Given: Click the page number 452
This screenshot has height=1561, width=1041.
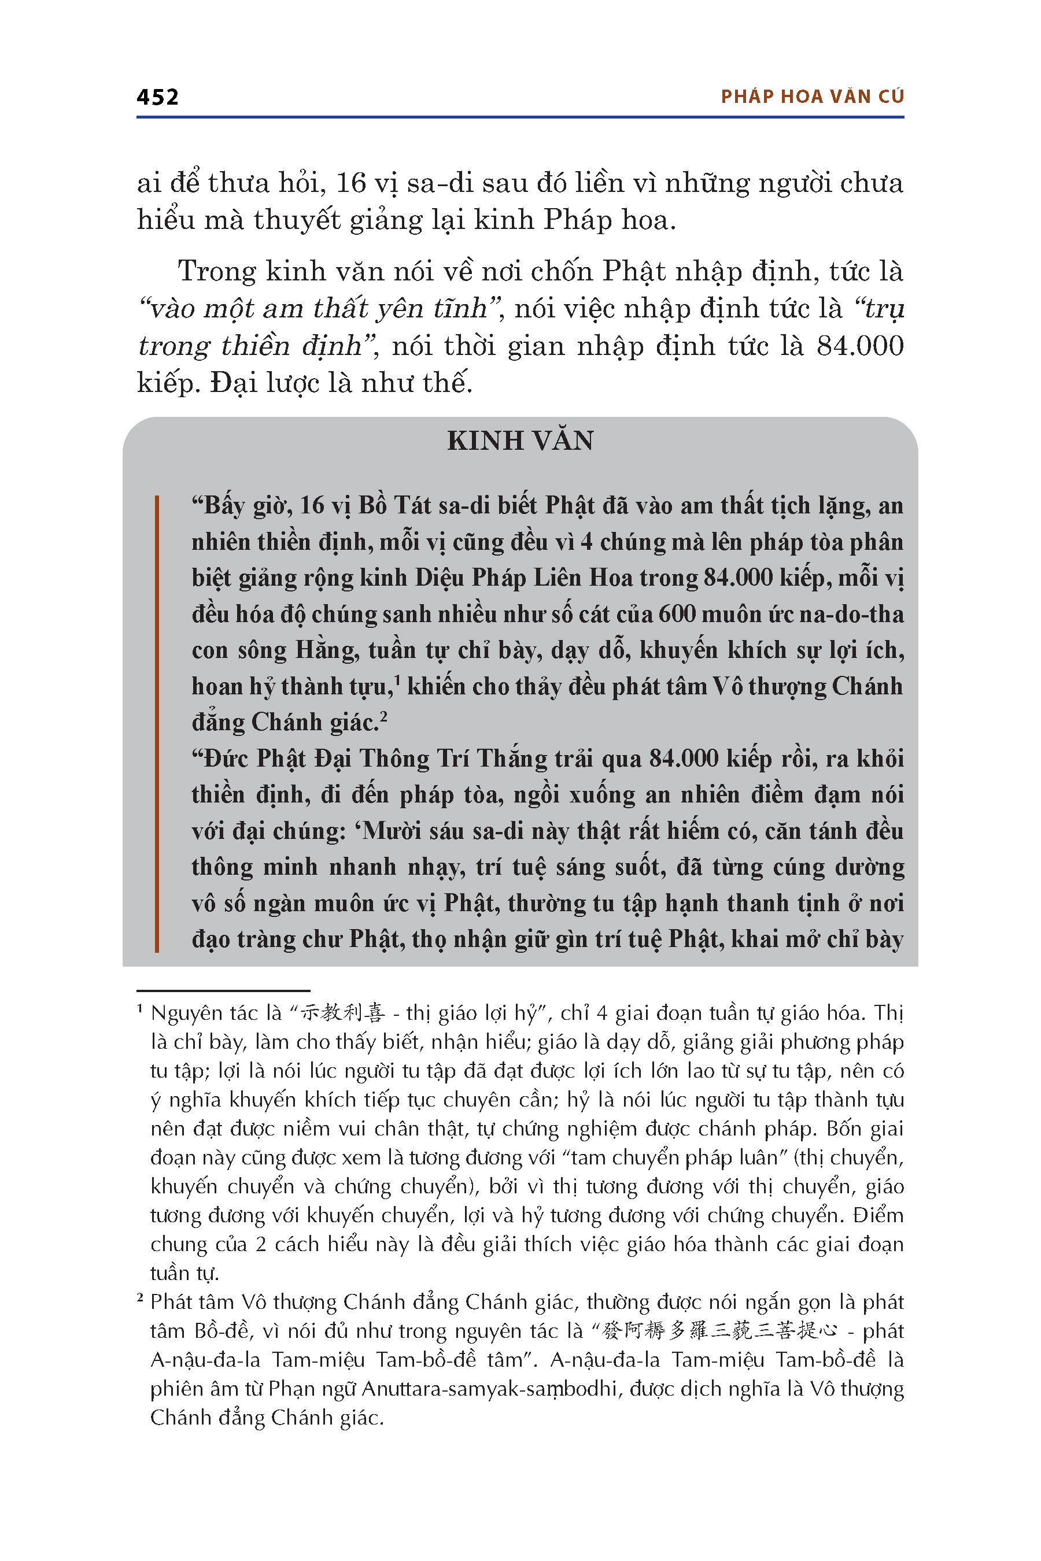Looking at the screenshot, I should pos(157,98).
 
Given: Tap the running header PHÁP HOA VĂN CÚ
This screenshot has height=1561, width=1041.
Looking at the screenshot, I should pos(812,97).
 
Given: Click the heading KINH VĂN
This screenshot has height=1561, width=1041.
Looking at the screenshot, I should pos(520,441).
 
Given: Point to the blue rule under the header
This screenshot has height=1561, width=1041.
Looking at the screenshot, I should pos(520,117).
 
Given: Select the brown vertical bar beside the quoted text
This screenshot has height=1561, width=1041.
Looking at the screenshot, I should pos(157,723).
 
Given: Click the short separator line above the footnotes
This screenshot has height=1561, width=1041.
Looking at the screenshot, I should pos(224,991).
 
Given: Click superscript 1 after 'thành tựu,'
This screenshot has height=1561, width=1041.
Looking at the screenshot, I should pos(396,680).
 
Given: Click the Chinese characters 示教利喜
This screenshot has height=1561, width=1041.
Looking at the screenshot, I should pos(342,1013).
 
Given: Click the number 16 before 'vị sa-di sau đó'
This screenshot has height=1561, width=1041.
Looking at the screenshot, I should pos(351,183).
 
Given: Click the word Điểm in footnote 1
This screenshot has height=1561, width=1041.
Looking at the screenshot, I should pos(878,1215).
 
